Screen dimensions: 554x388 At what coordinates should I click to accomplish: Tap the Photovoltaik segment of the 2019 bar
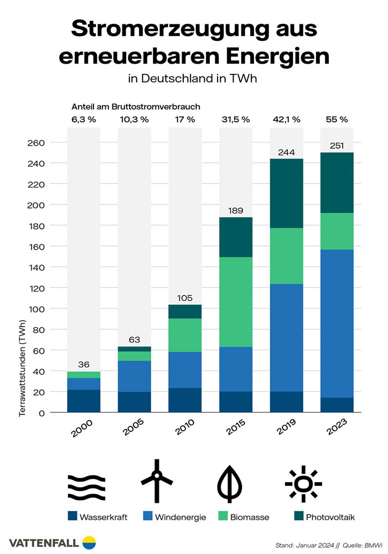pyautogui.click(x=286, y=193)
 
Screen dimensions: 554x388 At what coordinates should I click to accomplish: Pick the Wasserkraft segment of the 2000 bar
pyautogui.click(x=83, y=401)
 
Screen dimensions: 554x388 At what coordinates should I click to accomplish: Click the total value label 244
pyautogui.click(x=286, y=152)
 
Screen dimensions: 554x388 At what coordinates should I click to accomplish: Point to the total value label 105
pyautogui.click(x=184, y=298)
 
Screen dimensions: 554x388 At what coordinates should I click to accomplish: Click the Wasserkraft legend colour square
pyautogui.click(x=71, y=517)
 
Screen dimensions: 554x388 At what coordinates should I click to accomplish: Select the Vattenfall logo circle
pyautogui.click(x=89, y=542)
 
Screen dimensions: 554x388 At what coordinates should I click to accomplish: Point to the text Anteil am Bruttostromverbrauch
pyautogui.click(x=135, y=106)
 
